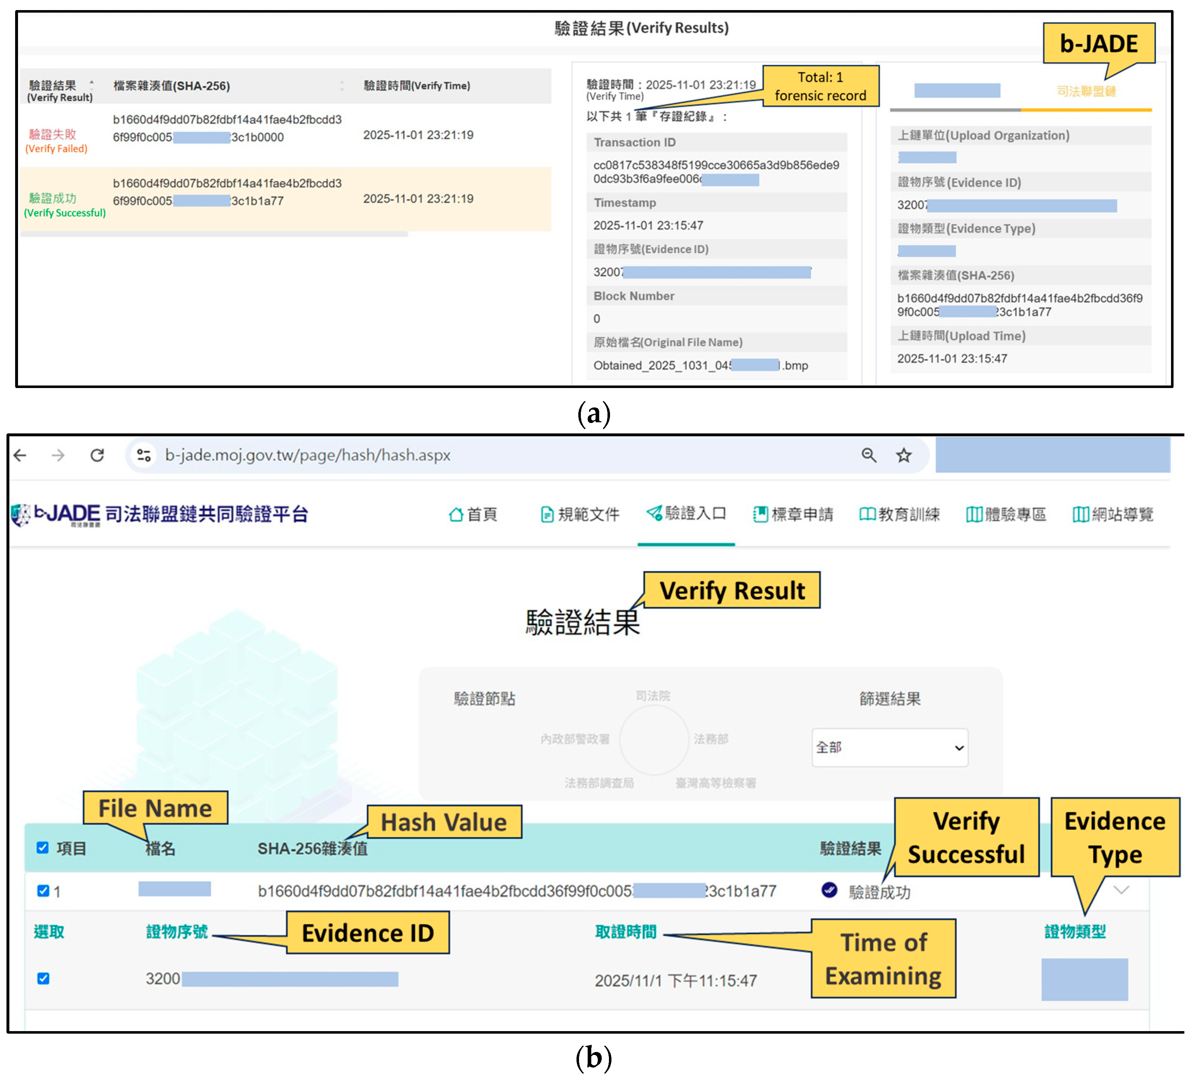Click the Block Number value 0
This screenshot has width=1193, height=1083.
(x=597, y=319)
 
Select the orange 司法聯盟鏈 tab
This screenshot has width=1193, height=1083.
(x=1086, y=91)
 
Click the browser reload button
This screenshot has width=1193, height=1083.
(x=97, y=455)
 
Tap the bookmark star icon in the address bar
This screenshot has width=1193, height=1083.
(x=903, y=455)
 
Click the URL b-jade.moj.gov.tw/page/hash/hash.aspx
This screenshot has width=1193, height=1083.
(x=308, y=455)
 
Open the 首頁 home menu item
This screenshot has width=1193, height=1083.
(x=473, y=514)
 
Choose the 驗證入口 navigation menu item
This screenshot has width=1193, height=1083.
(x=686, y=514)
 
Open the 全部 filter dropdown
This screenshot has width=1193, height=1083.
(x=889, y=748)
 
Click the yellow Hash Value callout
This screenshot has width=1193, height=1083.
(x=444, y=822)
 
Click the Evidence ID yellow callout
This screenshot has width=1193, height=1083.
(x=368, y=933)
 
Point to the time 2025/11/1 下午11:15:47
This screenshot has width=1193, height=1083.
(x=675, y=981)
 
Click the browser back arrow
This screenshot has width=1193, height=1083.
(x=21, y=455)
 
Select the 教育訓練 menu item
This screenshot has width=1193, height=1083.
(x=899, y=514)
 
